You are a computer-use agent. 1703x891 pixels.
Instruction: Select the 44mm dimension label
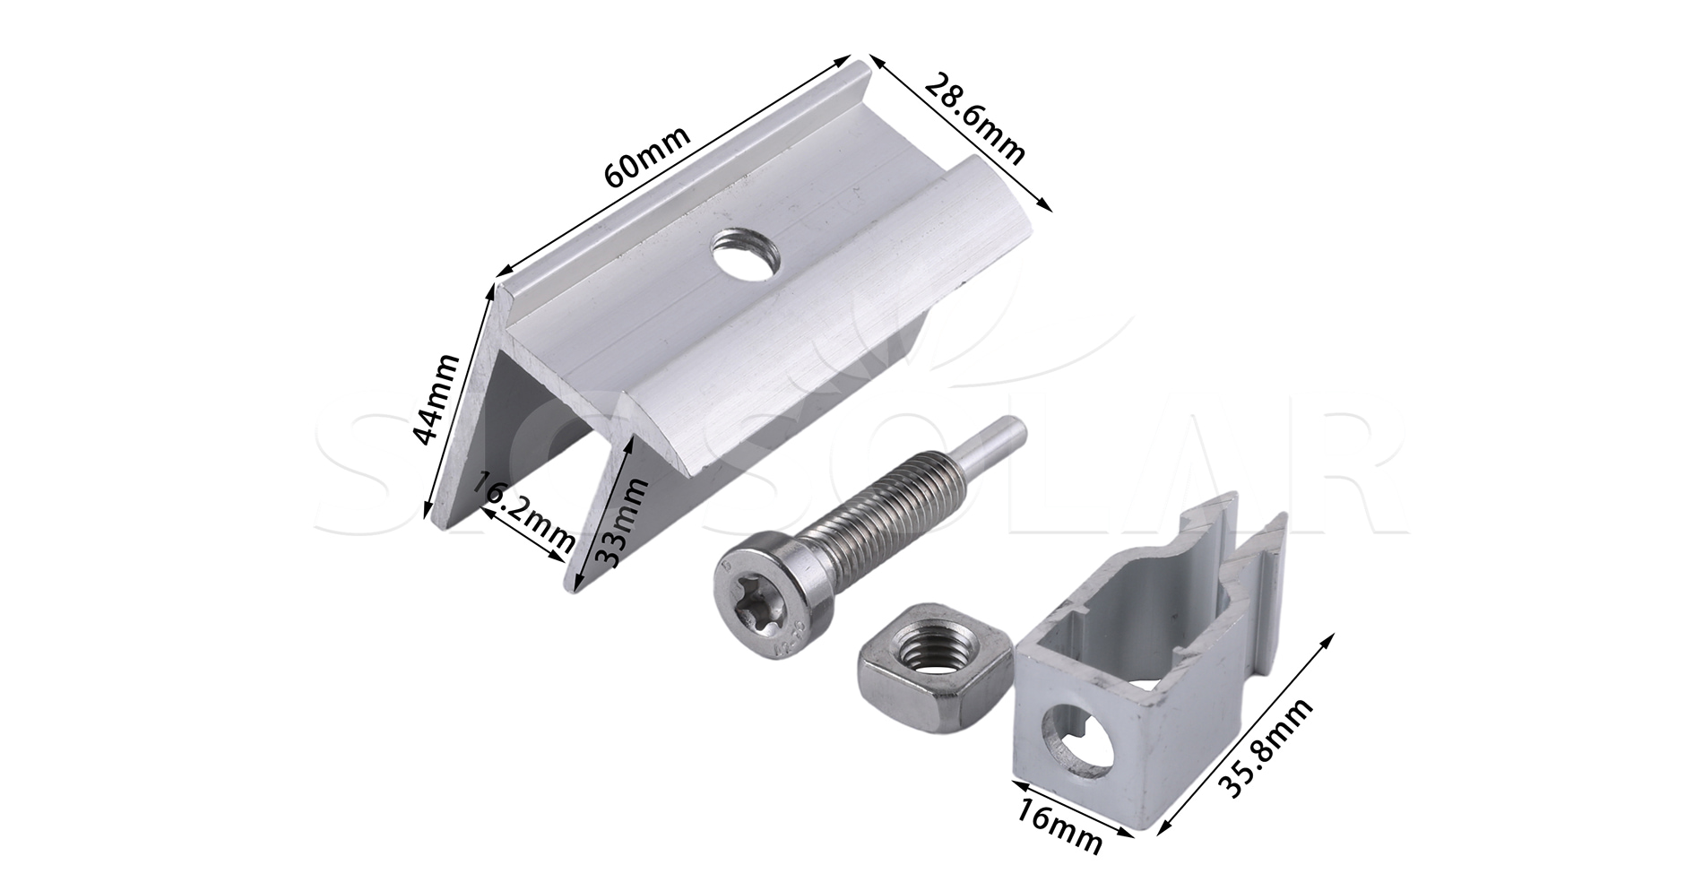point(437,399)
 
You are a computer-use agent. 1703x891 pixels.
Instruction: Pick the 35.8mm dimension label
point(1268,747)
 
